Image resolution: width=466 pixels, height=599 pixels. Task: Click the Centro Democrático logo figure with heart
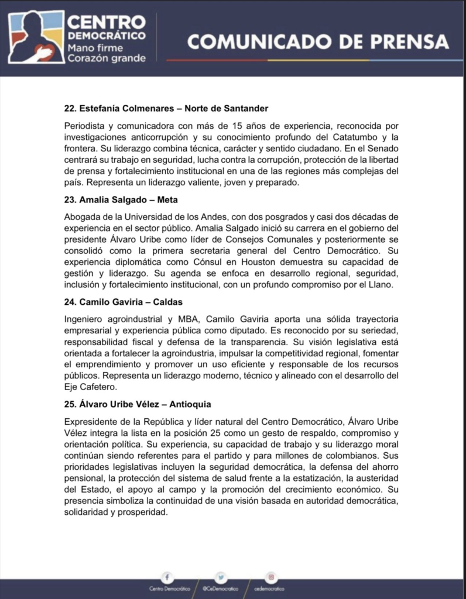[33, 38]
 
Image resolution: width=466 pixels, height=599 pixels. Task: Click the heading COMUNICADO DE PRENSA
[318, 42]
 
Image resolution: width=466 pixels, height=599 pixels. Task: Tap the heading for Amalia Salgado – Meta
[121, 199]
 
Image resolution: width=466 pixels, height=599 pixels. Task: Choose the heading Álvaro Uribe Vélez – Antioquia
[138, 404]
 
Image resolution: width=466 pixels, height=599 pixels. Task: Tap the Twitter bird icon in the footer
[220, 576]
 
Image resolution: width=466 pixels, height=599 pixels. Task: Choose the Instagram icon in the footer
[270, 576]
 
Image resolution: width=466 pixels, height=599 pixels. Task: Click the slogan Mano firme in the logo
[92, 48]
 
